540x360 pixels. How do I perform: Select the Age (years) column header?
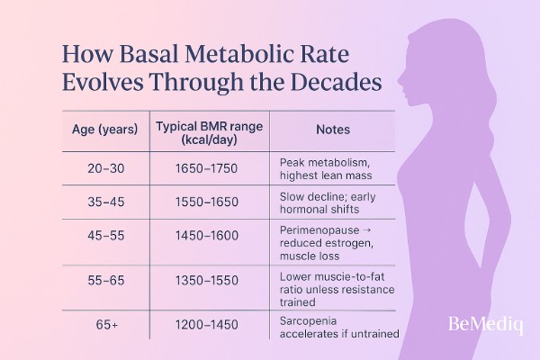pos(104,130)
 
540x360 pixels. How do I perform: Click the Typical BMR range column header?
pos(209,130)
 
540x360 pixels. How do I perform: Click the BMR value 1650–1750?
pos(209,167)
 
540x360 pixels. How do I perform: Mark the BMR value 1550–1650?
pos(209,205)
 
